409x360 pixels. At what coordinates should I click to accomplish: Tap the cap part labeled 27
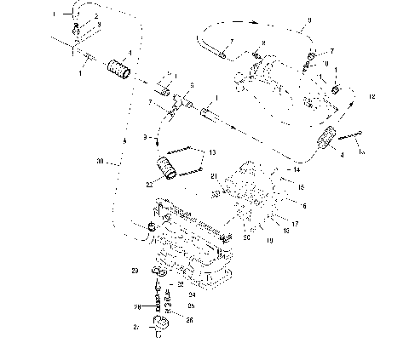coord(160,326)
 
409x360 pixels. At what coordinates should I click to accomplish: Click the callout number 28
coord(135,306)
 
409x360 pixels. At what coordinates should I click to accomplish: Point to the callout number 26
coord(189,320)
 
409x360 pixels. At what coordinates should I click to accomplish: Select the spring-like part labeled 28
coord(158,299)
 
